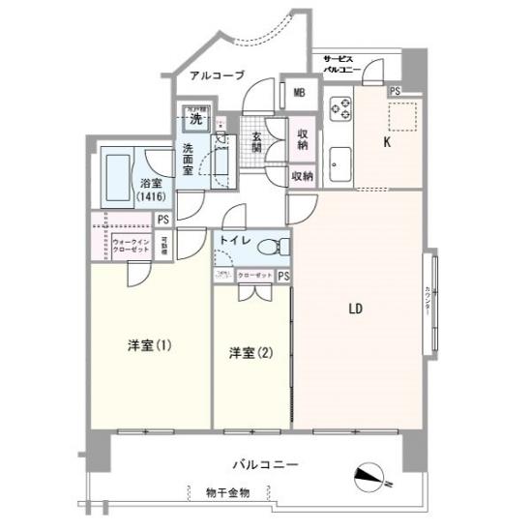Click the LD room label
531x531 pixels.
coord(355,310)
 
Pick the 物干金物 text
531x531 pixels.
coord(228,493)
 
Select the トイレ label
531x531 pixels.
coord(236,239)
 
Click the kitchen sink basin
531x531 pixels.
coord(339,162)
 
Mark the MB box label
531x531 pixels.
coord(300,94)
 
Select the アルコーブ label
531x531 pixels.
coord(217,75)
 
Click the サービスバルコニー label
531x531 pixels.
coord(341,64)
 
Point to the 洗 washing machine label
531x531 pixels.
coord(196,120)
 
